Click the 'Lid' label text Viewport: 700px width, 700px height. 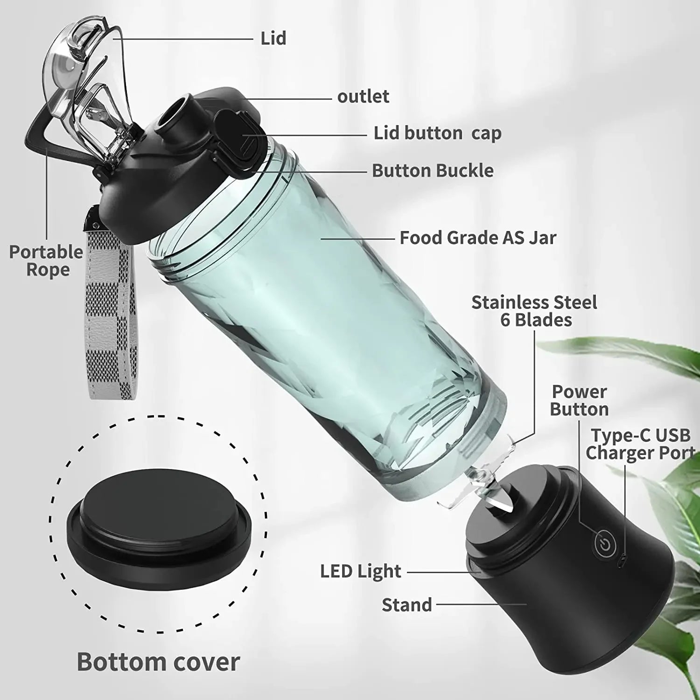[273, 38]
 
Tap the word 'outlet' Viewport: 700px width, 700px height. [363, 97]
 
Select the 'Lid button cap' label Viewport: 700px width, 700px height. [437, 133]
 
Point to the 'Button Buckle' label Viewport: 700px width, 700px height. [433, 171]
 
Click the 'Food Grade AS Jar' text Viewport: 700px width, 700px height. [478, 238]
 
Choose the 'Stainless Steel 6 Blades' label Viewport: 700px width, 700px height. [534, 311]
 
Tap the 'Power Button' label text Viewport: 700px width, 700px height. [579, 400]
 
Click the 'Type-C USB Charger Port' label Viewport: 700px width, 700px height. [640, 444]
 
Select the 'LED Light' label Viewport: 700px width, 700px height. [360, 571]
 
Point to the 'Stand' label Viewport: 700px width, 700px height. [406, 605]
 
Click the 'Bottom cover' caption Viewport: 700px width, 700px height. [158, 662]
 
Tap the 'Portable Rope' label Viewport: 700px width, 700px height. [46, 260]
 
